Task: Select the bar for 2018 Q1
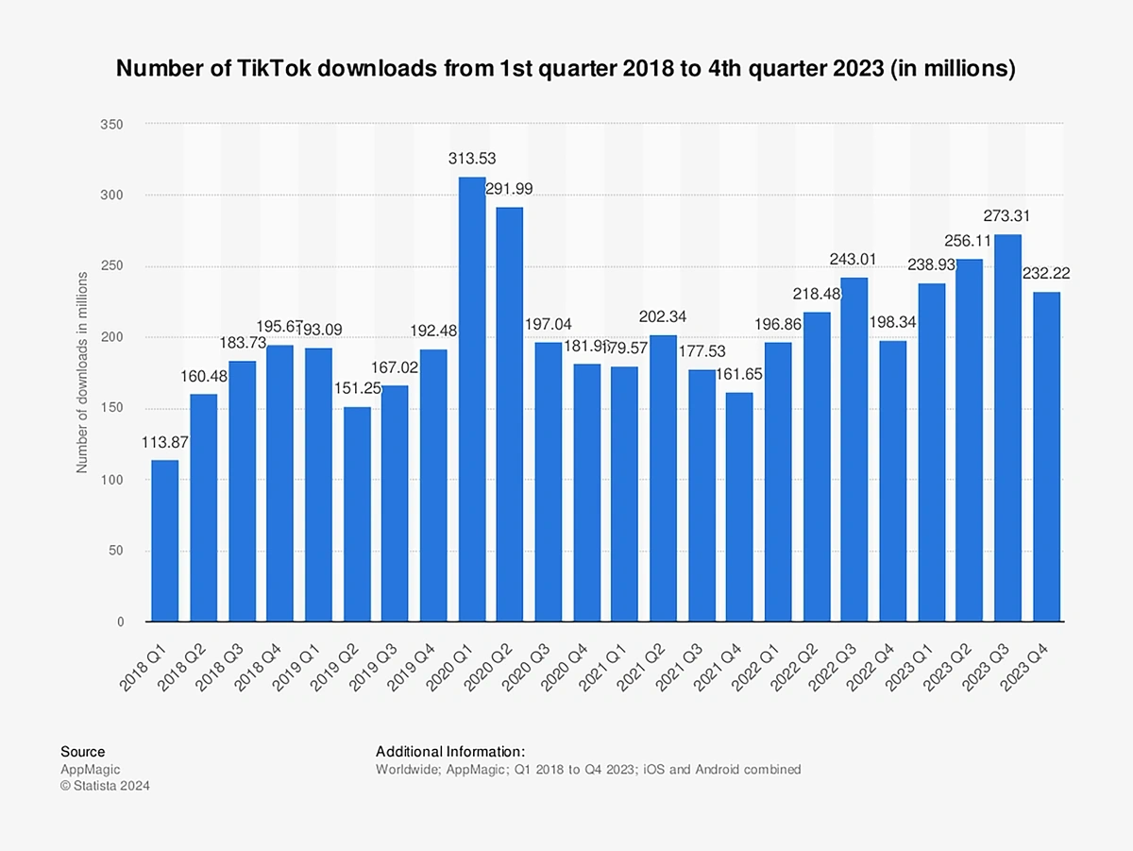coord(165,540)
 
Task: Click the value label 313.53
coord(472,159)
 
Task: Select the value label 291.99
coord(509,189)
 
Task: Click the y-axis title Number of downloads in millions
coord(82,372)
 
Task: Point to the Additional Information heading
coord(450,752)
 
